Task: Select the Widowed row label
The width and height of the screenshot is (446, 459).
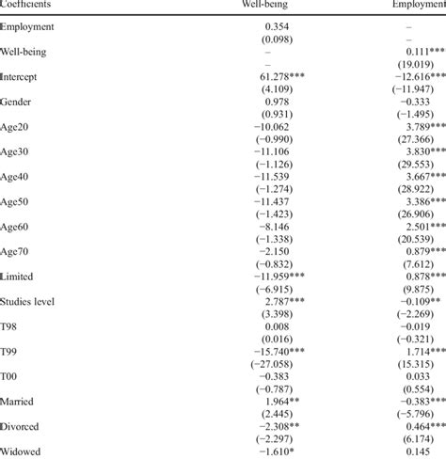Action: tap(24, 451)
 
